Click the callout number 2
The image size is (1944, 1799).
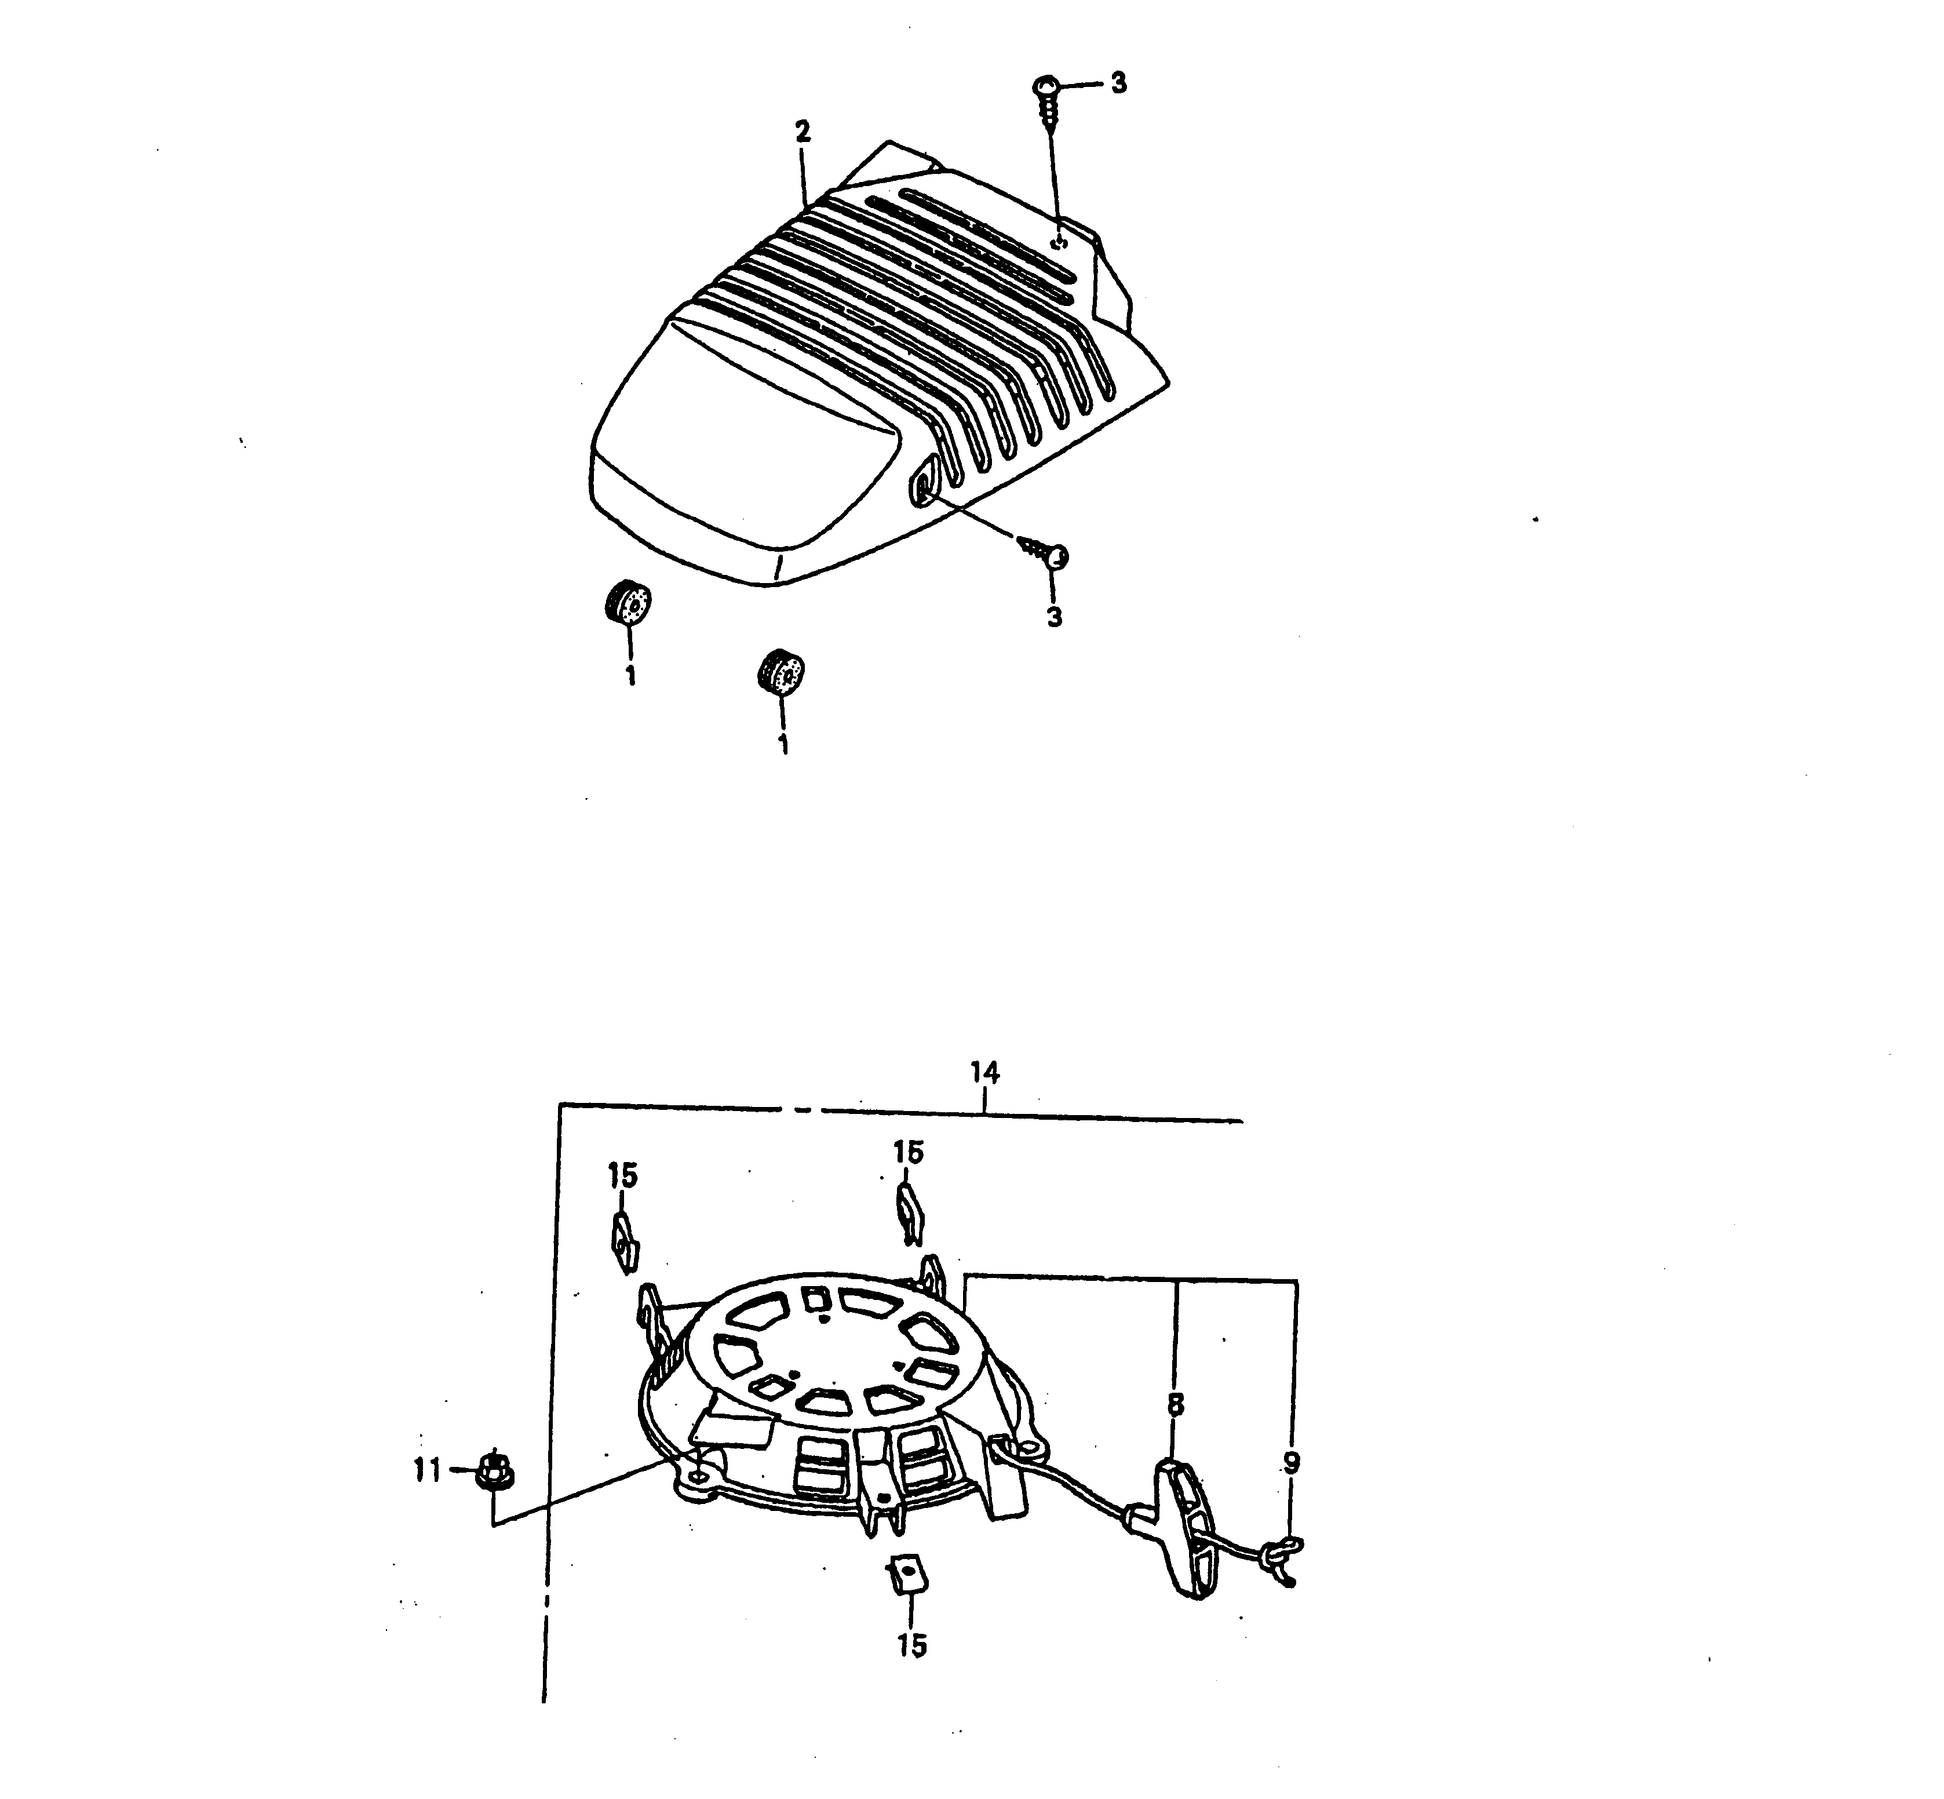point(802,132)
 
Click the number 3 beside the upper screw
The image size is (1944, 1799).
point(1118,83)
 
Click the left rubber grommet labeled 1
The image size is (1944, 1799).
point(625,603)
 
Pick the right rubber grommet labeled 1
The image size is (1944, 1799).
point(780,672)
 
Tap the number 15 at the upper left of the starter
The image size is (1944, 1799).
point(622,1176)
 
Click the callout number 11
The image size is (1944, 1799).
point(428,1469)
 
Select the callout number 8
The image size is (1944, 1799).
point(1176,1405)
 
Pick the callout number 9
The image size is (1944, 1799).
point(1292,1464)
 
